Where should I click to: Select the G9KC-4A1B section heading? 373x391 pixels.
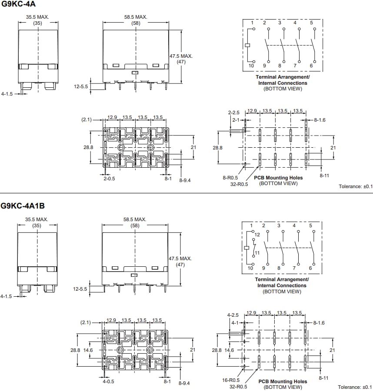pyautogui.click(x=22, y=206)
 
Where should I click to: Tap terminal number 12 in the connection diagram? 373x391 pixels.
pyautogui.click(x=257, y=235)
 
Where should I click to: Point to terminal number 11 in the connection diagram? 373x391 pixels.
pyautogui.click(x=257, y=252)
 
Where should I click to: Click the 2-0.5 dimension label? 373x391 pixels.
pyautogui.click(x=109, y=179)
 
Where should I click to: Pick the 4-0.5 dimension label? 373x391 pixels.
pyautogui.click(x=108, y=381)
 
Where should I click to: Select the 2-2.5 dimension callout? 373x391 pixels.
pyautogui.click(x=234, y=113)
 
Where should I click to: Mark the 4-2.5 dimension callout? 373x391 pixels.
pyautogui.click(x=233, y=315)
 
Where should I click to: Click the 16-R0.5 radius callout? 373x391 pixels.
pyautogui.click(x=231, y=380)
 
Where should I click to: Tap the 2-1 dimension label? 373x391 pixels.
pyautogui.click(x=236, y=119)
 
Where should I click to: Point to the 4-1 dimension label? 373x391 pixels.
pyautogui.click(x=235, y=323)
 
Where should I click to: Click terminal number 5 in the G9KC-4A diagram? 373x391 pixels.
pyautogui.click(x=311, y=23)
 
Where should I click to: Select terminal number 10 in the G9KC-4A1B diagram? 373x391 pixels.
pyautogui.click(x=250, y=268)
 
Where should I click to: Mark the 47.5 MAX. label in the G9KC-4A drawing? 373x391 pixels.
pyautogui.click(x=181, y=56)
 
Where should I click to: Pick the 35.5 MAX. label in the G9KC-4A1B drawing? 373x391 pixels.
pyautogui.click(x=37, y=219)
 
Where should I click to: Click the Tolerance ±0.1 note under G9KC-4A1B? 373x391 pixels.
pyautogui.click(x=355, y=387)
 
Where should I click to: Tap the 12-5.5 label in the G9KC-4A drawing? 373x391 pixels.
pyautogui.click(x=81, y=86)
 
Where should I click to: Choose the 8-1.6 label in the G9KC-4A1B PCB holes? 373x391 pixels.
pyautogui.click(x=318, y=323)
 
